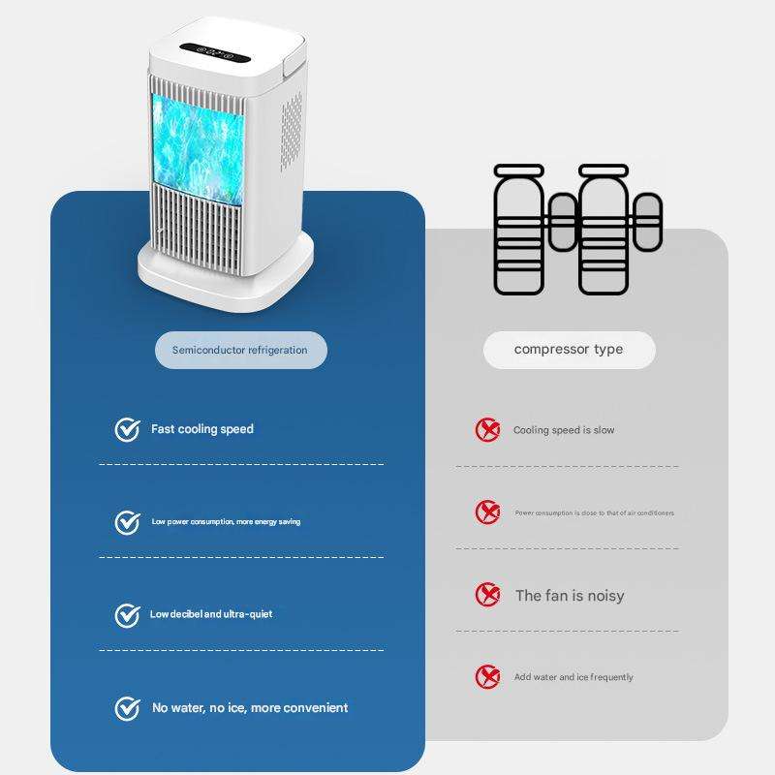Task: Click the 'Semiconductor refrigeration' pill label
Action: point(240,350)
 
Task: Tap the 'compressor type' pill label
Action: point(569,349)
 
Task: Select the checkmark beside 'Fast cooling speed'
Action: point(127,430)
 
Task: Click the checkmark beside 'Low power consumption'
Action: point(127,522)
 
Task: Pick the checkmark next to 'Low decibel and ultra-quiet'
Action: point(127,615)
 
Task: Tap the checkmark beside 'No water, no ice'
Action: point(127,708)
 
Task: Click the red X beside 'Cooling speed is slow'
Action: point(487,430)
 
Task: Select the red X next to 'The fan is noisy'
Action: point(487,595)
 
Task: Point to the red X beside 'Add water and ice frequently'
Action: point(487,677)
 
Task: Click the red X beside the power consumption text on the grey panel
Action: point(487,512)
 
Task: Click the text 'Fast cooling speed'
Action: point(201,429)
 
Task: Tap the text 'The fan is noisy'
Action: point(570,596)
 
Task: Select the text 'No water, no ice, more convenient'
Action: point(250,708)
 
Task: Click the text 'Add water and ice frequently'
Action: point(573,677)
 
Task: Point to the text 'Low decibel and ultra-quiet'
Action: point(211,614)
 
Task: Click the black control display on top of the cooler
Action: point(215,54)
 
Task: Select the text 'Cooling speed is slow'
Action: point(564,430)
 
